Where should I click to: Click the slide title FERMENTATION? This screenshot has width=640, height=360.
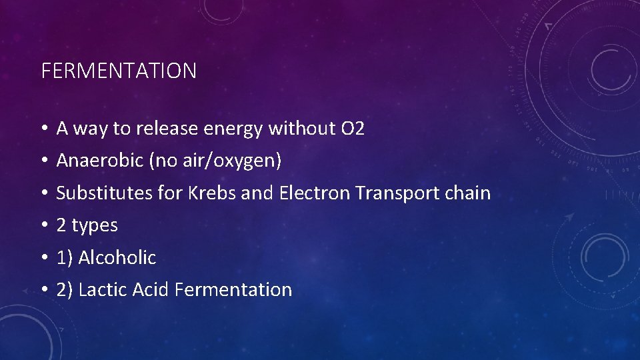coord(119,71)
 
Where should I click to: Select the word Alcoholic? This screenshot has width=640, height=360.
coord(117,257)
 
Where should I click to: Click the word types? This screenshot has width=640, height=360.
coord(94,226)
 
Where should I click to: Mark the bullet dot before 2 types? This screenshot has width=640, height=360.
coord(43,226)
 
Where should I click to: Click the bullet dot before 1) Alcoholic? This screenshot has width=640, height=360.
coord(43,258)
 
